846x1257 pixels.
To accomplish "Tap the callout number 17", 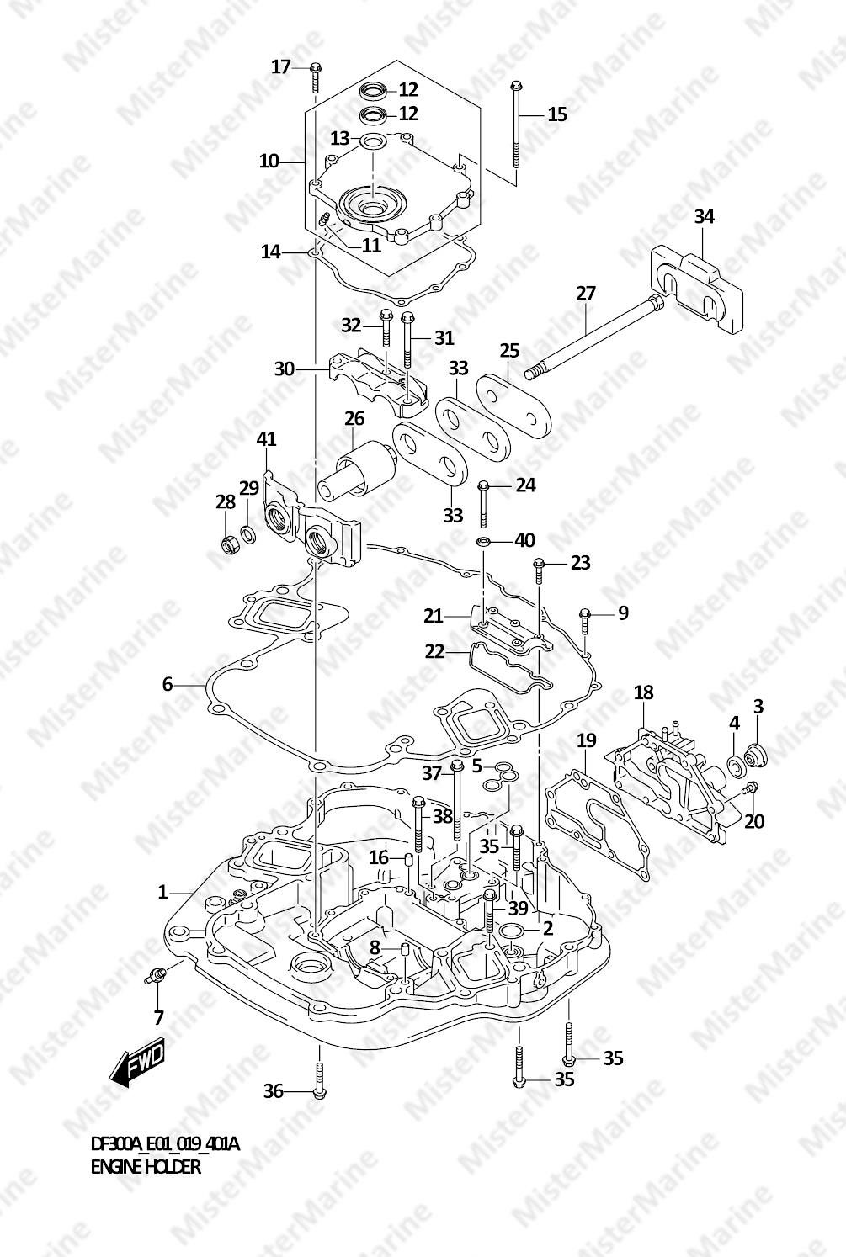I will [x=280, y=66].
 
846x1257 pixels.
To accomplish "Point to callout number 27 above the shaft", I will [x=586, y=294].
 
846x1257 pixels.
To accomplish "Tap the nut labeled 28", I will [x=227, y=545].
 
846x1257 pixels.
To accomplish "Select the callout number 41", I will [x=266, y=439].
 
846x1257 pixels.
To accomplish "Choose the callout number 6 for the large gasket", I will [x=168, y=685].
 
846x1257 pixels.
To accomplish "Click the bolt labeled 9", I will [x=583, y=623].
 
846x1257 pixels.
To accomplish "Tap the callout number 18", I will [x=643, y=692].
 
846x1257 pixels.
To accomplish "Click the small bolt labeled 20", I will [x=750, y=789].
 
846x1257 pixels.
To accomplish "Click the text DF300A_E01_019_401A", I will [x=165, y=1144].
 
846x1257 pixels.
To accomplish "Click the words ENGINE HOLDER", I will [x=146, y=1167].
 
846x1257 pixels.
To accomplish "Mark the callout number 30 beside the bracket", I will [x=285, y=369].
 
